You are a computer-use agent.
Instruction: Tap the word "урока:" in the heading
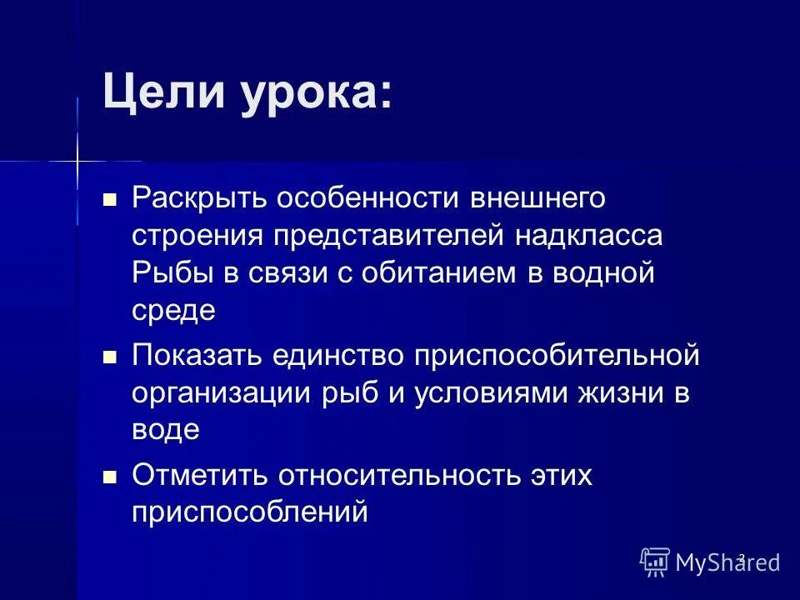pos(316,92)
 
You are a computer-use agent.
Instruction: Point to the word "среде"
pos(173,311)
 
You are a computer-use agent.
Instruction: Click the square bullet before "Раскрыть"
pos(108,200)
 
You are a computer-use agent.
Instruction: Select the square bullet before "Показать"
pos(108,356)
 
